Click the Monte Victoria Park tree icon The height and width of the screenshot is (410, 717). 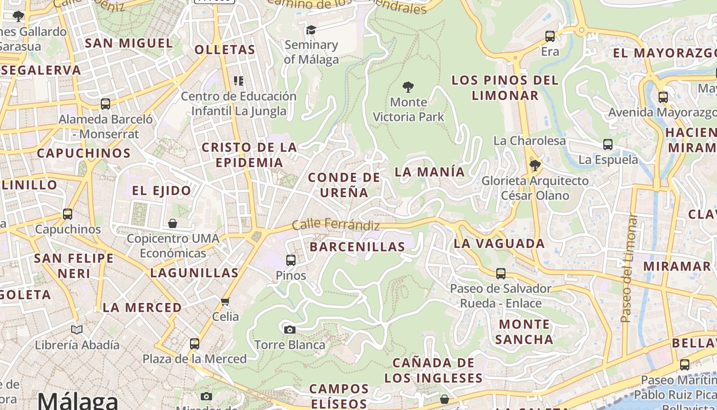(408, 87)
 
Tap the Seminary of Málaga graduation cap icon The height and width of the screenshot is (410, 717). (311, 30)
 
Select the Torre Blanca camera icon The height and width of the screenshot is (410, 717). (290, 330)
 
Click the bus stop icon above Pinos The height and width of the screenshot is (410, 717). (291, 260)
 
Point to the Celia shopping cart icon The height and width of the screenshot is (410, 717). (225, 301)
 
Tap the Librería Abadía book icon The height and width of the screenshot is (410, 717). (77, 330)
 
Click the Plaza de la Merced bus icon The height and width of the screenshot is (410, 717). (195, 343)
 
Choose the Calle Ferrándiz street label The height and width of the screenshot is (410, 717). (336, 225)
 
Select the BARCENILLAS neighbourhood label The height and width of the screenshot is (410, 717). (357, 247)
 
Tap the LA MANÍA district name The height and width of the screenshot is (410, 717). (430, 172)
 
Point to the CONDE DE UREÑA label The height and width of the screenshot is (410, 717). (344, 185)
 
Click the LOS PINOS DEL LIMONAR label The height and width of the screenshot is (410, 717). (505, 88)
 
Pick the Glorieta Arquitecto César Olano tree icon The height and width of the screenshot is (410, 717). (535, 166)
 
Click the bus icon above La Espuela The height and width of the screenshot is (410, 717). (608, 145)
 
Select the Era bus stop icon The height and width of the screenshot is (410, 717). (550, 36)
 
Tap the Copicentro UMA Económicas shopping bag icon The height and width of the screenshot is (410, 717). (173, 223)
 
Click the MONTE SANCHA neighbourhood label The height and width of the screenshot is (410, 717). (524, 332)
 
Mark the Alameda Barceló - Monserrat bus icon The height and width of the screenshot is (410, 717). (106, 104)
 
